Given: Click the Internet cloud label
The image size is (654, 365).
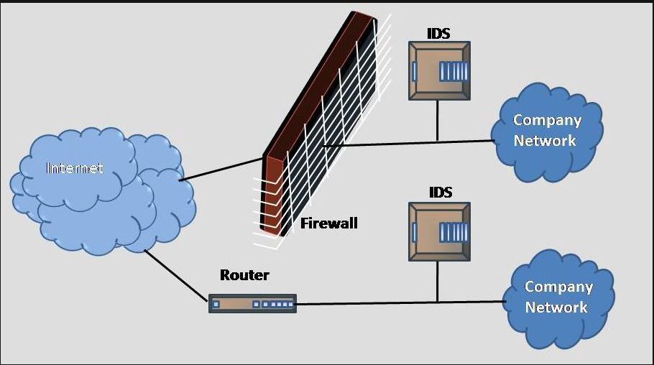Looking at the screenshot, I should [x=75, y=168].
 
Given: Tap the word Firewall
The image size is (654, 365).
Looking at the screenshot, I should [x=328, y=223].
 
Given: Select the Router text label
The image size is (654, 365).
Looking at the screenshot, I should [x=244, y=275].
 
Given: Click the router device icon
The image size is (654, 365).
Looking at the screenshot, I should [x=252, y=304].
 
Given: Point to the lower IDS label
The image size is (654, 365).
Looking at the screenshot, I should [x=441, y=192].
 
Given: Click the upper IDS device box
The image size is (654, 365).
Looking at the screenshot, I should [x=438, y=70].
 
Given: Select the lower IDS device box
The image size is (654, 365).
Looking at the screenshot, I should [x=438, y=231].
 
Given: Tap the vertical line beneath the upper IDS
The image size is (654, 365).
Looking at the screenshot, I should [x=437, y=119].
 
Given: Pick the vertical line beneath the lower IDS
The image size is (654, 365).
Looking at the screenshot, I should [x=437, y=280].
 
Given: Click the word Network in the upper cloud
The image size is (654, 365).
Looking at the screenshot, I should [x=545, y=140].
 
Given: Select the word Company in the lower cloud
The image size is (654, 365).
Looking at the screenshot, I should [x=558, y=287].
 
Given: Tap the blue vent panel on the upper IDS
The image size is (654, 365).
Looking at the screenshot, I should [x=453, y=70].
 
